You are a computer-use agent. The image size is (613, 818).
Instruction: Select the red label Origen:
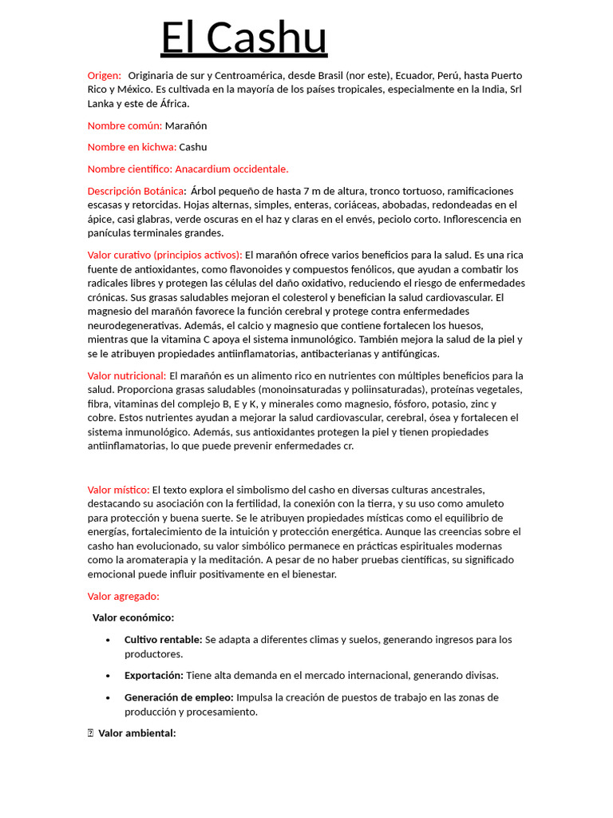105,75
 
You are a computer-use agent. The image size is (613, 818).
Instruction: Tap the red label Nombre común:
125,125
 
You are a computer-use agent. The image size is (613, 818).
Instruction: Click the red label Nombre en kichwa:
132,147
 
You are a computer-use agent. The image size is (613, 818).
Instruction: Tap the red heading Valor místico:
118,489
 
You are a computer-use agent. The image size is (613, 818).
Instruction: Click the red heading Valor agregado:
123,596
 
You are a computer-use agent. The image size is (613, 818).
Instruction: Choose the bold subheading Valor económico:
133,617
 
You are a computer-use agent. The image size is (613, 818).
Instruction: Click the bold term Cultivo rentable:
163,640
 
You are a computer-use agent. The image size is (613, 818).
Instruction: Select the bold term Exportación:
153,675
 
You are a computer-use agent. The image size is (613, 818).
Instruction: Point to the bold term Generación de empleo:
179,697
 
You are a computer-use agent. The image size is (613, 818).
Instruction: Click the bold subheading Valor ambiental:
136,733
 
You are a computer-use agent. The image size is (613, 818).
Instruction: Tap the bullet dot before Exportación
108,676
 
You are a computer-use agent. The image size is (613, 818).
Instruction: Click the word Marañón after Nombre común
186,125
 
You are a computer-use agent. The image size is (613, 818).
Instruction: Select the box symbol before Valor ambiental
91,733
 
